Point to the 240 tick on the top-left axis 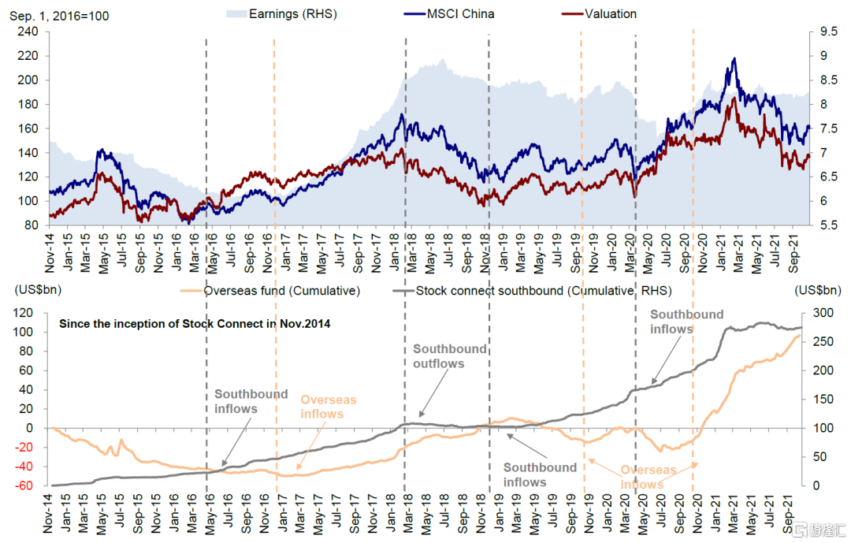pos(28,32)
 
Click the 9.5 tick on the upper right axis pos(827,32)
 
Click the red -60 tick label pos(28,486)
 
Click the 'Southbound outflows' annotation pos(449,356)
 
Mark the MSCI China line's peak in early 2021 pos(734,59)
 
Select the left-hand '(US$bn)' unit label pos(31,289)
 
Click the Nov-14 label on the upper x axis pos(50,246)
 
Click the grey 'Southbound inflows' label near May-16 pos(251,401)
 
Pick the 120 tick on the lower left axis pos(28,313)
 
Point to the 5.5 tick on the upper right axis pos(827,225)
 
